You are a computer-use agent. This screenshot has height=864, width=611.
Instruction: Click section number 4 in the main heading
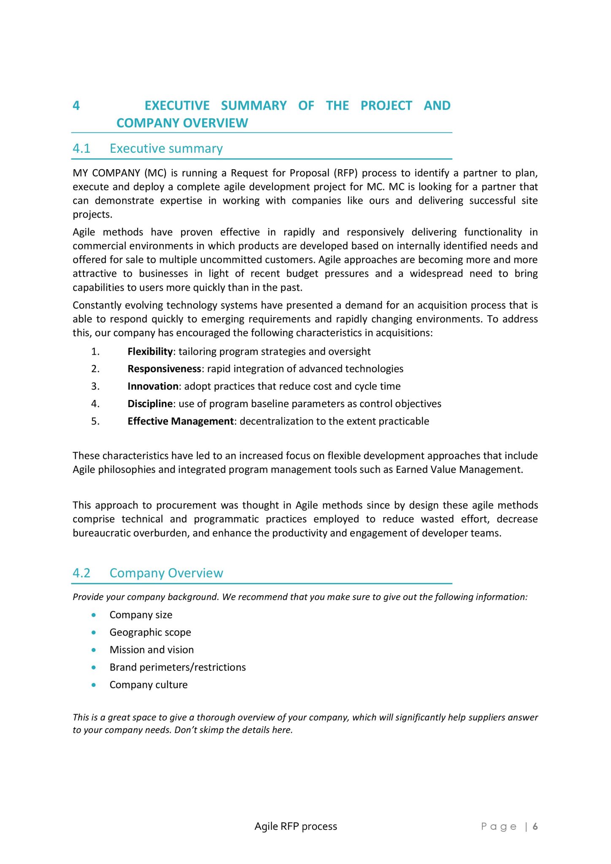(x=76, y=105)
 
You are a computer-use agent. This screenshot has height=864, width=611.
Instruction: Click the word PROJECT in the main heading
(x=386, y=105)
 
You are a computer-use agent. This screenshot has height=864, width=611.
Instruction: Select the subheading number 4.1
(x=81, y=148)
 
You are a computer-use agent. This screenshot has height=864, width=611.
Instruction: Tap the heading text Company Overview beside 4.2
(x=166, y=573)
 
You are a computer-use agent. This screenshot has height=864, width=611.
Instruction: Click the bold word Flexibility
(x=150, y=351)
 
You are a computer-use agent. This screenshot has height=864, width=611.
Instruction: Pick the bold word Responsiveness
(x=164, y=369)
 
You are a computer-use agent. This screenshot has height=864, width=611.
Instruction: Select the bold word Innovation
(x=153, y=386)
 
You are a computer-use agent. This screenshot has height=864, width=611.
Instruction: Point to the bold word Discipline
(x=150, y=404)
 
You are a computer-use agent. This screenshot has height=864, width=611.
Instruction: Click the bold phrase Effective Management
(x=180, y=421)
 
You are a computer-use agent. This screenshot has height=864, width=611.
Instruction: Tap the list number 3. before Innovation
(x=95, y=386)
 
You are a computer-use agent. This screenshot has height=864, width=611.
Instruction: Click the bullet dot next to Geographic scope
(x=94, y=632)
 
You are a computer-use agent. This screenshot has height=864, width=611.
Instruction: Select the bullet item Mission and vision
(x=151, y=650)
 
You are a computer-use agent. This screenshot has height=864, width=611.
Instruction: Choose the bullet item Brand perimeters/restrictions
(x=178, y=667)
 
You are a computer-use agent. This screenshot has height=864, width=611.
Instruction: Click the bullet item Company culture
(x=149, y=685)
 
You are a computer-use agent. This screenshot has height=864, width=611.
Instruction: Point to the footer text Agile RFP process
(x=295, y=826)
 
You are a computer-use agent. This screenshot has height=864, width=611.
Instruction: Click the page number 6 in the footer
(x=535, y=826)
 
